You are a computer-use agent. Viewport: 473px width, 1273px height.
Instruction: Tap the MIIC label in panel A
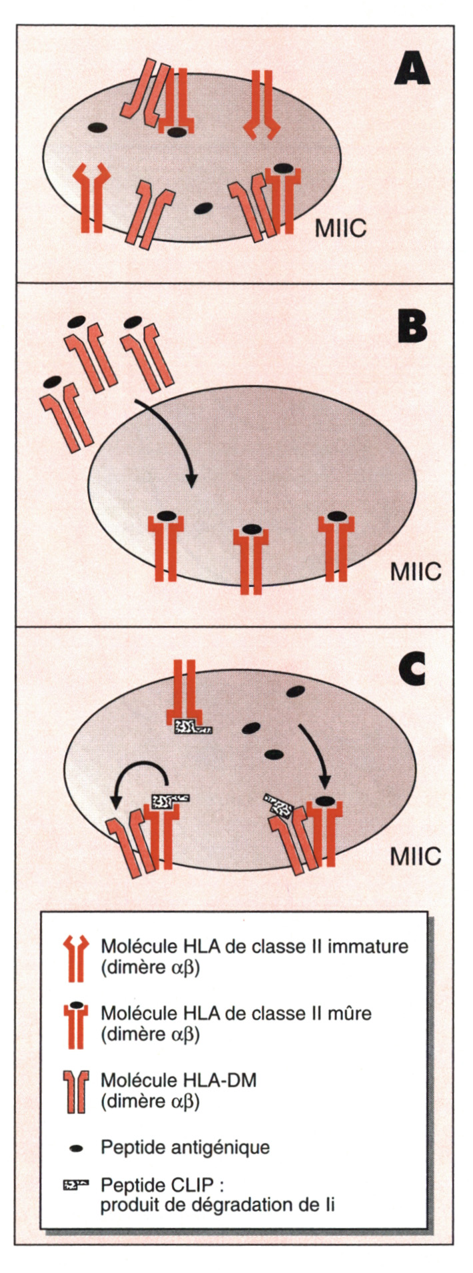(340, 229)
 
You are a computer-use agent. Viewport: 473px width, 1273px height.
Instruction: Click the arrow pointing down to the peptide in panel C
(314, 756)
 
